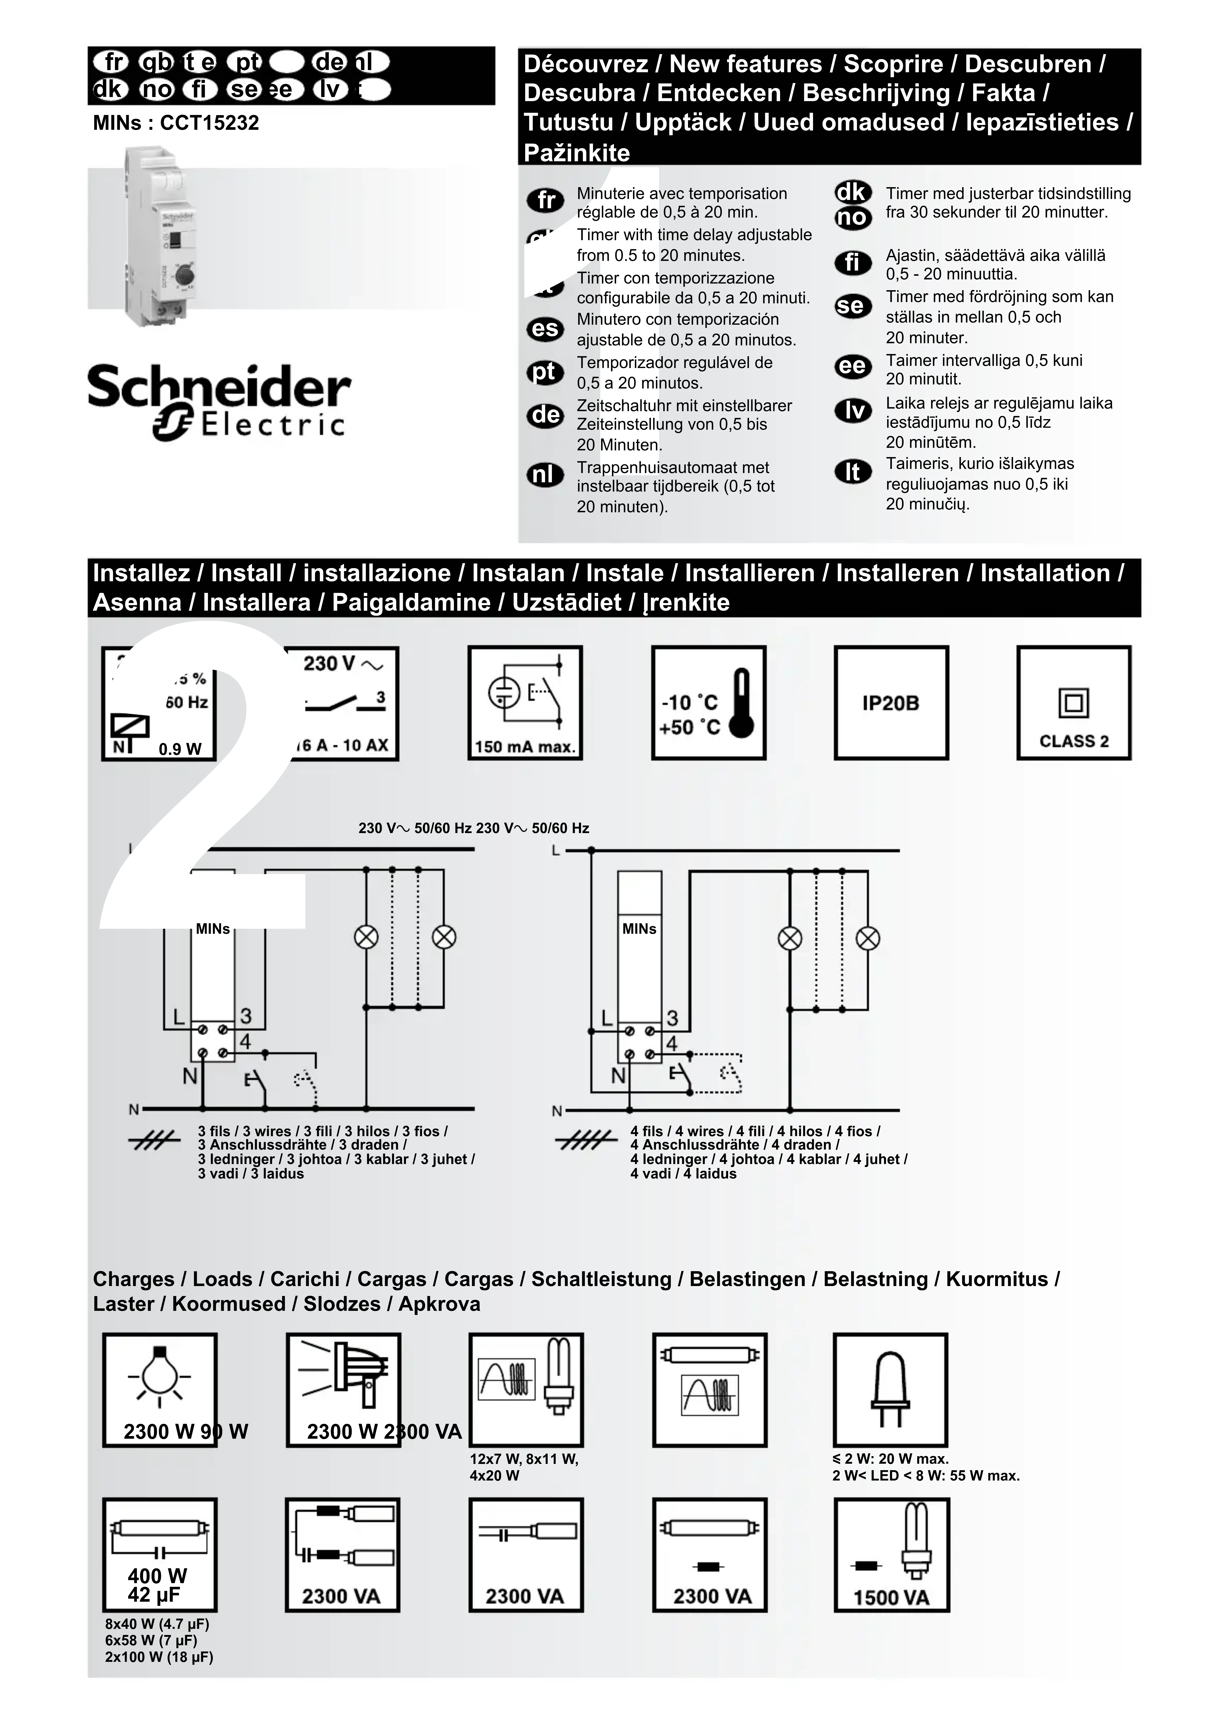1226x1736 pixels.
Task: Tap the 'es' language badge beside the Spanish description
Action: coord(544,329)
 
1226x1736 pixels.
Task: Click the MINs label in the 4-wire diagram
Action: coord(639,929)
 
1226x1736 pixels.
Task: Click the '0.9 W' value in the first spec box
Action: coord(180,749)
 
